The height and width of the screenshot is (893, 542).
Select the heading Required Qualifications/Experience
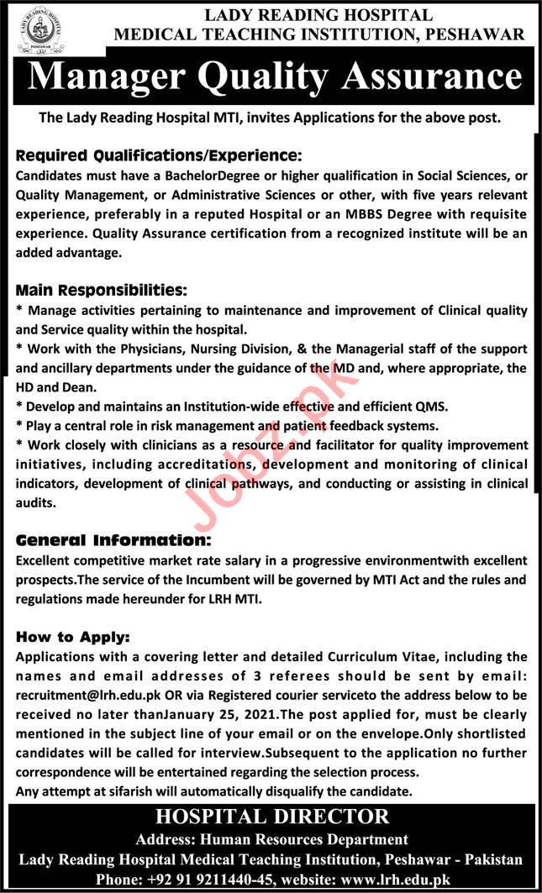click(x=158, y=155)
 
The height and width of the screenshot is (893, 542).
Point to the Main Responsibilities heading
click(x=102, y=290)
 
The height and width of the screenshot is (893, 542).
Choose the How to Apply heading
click(x=72, y=638)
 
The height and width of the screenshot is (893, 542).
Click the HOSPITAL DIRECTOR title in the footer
click(x=271, y=816)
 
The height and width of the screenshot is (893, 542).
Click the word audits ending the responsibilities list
click(x=37, y=502)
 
